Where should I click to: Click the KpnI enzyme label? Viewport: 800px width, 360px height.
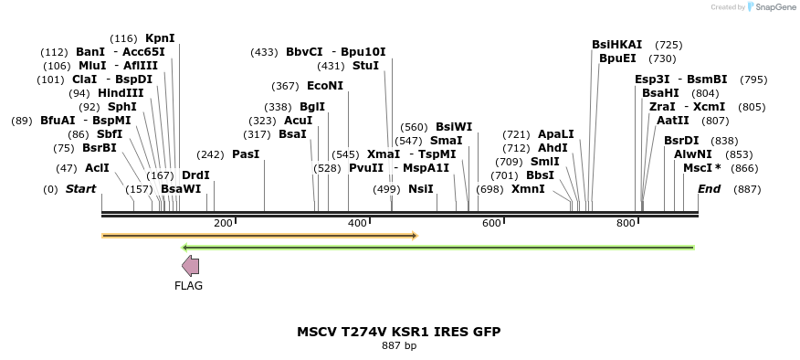160,38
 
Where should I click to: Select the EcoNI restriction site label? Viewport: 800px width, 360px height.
325,86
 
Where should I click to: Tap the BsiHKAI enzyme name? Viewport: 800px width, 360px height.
616,45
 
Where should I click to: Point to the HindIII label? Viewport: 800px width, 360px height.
121,93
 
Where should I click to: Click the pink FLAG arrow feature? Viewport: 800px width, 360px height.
190,266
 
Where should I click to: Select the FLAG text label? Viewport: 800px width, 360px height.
188,286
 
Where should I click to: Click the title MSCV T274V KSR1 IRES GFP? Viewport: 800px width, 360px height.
398,332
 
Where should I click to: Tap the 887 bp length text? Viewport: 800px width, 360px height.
398,346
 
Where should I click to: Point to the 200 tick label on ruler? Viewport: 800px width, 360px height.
223,224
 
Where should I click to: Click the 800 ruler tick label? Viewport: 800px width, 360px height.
626,224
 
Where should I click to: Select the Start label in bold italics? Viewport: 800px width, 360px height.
80,189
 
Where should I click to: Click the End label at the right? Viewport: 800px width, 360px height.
709,189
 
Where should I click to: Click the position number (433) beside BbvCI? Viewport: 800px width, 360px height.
264,52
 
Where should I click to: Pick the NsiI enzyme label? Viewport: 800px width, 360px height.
420,189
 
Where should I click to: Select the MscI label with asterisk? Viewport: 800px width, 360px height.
702,168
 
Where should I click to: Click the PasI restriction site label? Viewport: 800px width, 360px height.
246,154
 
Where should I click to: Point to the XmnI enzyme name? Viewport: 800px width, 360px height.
528,189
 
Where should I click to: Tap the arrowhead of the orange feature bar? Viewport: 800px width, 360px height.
414,236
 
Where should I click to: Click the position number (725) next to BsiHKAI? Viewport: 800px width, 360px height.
668,45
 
